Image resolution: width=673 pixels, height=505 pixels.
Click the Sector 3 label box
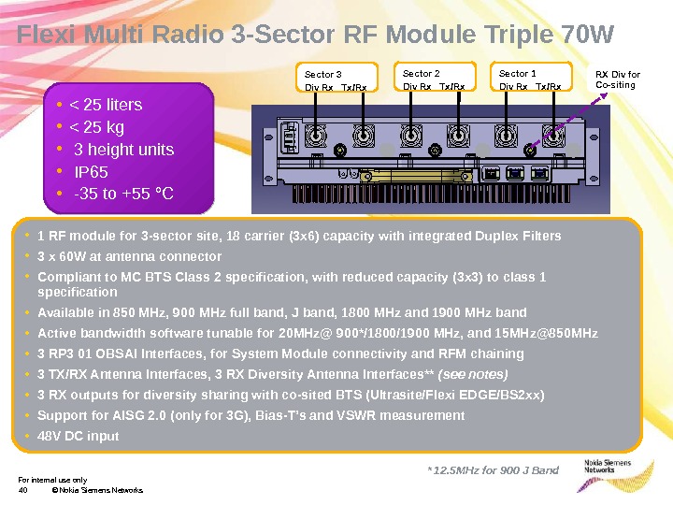[337, 79]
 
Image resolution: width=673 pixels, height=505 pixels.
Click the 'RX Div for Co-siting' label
[618, 79]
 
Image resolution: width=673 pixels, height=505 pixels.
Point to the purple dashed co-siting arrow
[568, 120]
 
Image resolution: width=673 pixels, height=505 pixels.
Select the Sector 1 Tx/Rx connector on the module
[555, 137]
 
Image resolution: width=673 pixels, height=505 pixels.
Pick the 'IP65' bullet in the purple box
[91, 172]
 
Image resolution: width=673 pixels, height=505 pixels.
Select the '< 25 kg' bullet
[97, 127]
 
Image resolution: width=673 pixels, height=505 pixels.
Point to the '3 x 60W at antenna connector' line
[129, 256]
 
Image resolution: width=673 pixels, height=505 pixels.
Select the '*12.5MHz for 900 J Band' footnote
[493, 469]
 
